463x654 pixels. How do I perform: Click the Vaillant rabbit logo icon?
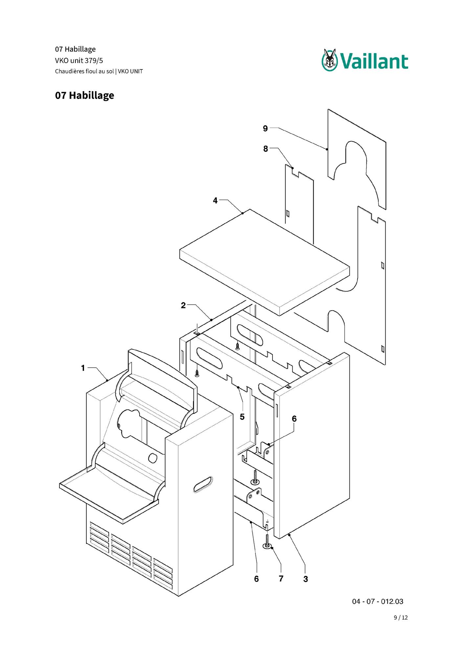330,60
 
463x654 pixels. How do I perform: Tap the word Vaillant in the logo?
374,62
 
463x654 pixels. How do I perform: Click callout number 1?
83,368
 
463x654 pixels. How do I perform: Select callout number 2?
183,305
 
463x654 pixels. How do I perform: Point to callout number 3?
306,579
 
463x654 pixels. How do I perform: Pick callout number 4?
215,200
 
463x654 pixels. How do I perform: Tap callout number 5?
242,417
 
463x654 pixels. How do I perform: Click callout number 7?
281,579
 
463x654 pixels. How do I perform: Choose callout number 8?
266,149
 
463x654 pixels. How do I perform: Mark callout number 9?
265,129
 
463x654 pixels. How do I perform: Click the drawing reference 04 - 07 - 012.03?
378,602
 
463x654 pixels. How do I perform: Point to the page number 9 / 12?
401,618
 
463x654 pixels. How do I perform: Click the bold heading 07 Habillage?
85,95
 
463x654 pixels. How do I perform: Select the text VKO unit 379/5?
79,60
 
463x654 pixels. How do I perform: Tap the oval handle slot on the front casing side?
203,484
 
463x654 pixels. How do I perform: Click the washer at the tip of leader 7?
267,546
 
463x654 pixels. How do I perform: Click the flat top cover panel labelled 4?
265,262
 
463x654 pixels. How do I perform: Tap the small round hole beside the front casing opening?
153,458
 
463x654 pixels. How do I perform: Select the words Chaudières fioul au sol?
84,71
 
